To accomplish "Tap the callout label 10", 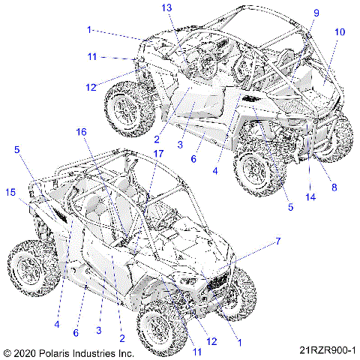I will click(x=340, y=32).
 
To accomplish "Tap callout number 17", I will click(x=158, y=154).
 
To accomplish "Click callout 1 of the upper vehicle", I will click(x=89, y=30).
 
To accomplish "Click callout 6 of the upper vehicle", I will click(x=193, y=159).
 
